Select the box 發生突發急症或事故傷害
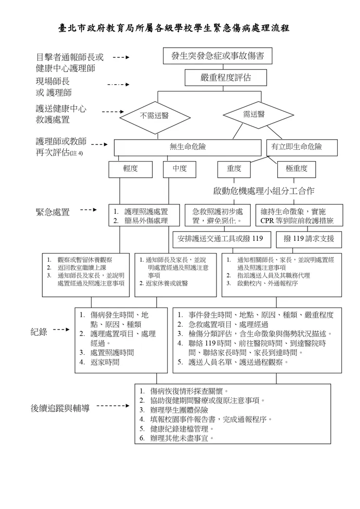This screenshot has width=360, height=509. pos(217,56)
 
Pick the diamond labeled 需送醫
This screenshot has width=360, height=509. pos(253,114)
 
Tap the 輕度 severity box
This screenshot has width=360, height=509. pos(130,169)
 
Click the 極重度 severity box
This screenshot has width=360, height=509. pos(296,169)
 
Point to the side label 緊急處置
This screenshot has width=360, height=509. pos(53,212)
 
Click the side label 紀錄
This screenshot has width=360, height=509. pos(39,332)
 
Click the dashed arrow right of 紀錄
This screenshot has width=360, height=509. pos(61,330)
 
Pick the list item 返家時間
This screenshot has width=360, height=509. pos(105,362)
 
